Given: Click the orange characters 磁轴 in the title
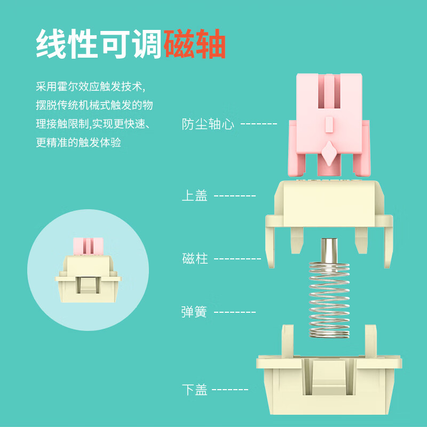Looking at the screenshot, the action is [x=195, y=44].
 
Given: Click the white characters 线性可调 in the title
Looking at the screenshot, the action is [x=100, y=44].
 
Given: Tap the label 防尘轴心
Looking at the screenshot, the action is [x=208, y=124].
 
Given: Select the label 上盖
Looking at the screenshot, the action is [x=194, y=195].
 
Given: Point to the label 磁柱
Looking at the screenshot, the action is [x=195, y=258].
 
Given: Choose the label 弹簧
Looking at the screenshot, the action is [x=194, y=312].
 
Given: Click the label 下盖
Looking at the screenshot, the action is [x=194, y=390].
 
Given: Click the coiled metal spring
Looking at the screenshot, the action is [x=329, y=299].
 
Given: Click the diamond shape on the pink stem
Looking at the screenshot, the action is [x=329, y=153].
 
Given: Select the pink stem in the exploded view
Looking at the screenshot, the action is [x=329, y=125].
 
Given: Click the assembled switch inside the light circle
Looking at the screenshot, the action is [x=88, y=270].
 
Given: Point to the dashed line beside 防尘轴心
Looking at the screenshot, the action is [x=259, y=124].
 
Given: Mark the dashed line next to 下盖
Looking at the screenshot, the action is [x=230, y=390].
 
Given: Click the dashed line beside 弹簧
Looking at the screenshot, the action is [x=235, y=312].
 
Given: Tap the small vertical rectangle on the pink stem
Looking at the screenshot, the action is [x=329, y=124].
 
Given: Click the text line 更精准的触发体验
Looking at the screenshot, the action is [x=78, y=143].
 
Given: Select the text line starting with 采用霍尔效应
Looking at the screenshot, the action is [x=91, y=86].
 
